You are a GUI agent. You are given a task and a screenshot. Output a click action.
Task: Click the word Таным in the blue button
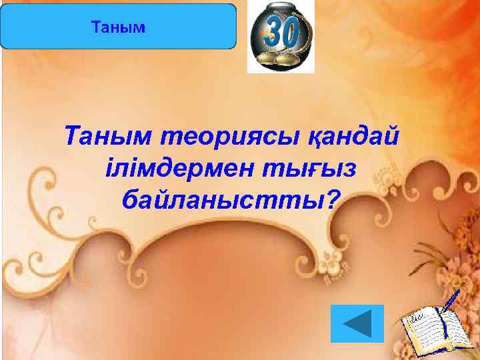click(117, 28)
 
